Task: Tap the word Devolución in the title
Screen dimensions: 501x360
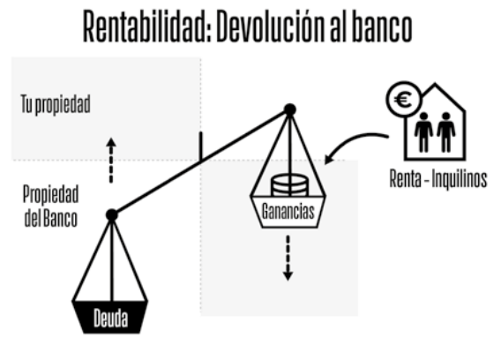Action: [271, 26]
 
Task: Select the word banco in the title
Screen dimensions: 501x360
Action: [382, 26]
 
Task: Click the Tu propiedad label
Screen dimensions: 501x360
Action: [56, 104]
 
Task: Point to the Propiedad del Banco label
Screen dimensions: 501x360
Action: [51, 206]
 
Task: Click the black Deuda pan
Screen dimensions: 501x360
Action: [110, 317]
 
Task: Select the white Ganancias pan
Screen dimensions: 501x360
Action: [288, 212]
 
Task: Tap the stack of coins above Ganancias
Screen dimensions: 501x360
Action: [290, 184]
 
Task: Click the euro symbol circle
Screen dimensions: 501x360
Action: [404, 100]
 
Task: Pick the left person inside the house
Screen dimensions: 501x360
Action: [423, 132]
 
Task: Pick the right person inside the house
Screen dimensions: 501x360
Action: [446, 132]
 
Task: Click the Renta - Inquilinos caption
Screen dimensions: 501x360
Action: [438, 179]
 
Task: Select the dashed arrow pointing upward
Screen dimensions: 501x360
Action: [111, 161]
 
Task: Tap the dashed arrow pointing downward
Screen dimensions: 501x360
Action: [288, 258]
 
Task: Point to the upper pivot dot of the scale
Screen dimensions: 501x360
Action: [290, 109]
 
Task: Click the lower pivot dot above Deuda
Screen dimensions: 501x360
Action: [111, 214]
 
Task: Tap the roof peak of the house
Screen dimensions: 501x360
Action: [435, 84]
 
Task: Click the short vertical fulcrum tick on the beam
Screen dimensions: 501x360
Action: [200, 146]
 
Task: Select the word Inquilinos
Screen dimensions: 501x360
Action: [460, 179]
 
